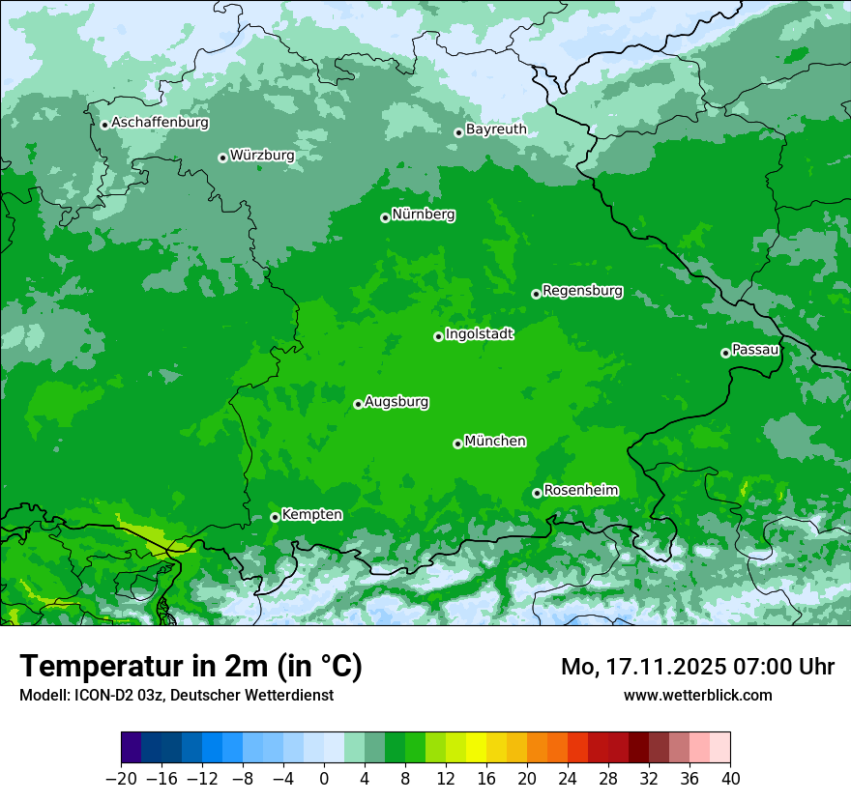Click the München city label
(x=495, y=442)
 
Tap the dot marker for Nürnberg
(x=385, y=217)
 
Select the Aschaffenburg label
(x=160, y=123)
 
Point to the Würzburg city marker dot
(x=222, y=158)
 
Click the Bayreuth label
(x=496, y=129)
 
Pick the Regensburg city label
(x=582, y=291)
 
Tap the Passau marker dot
(x=725, y=353)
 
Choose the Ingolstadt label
(x=479, y=334)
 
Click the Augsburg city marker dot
(x=358, y=404)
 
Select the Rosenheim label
(x=580, y=491)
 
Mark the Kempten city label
(x=311, y=515)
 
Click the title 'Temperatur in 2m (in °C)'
(x=191, y=667)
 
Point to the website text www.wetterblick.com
(x=697, y=695)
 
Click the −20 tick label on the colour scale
(x=121, y=779)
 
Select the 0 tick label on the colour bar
(x=324, y=779)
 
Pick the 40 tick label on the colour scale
(x=730, y=779)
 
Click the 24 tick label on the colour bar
(x=568, y=779)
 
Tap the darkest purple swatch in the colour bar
(x=132, y=748)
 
